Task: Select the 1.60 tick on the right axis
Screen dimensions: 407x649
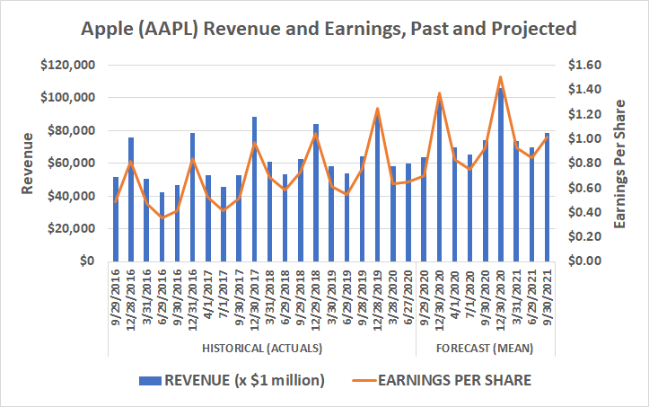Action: (581, 65)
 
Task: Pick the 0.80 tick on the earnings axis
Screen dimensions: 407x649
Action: (581, 163)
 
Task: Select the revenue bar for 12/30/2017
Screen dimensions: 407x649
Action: (254, 189)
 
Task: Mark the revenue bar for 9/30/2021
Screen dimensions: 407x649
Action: (546, 197)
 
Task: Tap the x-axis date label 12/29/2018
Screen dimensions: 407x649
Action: (316, 297)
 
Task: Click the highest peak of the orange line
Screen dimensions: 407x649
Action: (500, 77)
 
